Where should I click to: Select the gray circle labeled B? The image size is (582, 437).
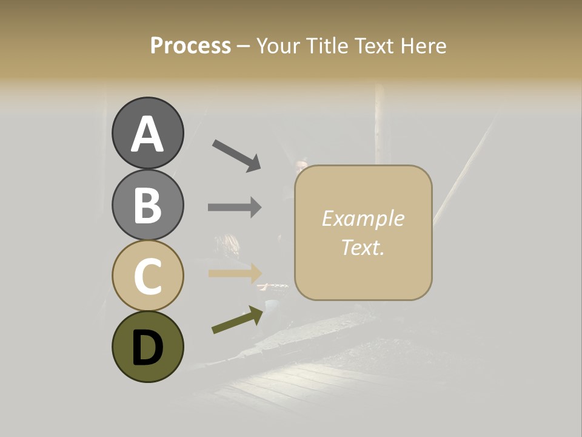click(147, 205)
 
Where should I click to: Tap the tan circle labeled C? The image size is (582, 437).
click(147, 276)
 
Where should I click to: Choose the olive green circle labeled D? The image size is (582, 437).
click(147, 347)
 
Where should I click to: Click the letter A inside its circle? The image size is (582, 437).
click(147, 134)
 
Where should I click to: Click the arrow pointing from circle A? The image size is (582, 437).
click(236, 155)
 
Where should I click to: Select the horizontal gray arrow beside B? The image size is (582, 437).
click(235, 207)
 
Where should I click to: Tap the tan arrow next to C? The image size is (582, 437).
click(235, 273)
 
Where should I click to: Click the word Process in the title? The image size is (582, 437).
click(190, 46)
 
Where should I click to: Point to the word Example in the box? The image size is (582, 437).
click(363, 218)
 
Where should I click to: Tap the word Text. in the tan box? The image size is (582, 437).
click(363, 247)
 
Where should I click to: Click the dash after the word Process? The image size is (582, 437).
click(244, 47)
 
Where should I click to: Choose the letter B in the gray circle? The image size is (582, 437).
click(147, 205)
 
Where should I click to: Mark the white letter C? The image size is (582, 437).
click(147, 276)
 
